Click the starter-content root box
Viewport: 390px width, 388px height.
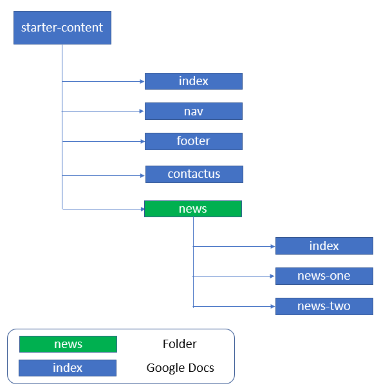click(62, 28)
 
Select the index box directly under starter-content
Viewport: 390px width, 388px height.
click(193, 81)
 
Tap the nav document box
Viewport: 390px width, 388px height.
click(193, 112)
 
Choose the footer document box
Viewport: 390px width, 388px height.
click(193, 141)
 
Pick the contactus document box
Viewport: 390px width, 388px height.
click(194, 174)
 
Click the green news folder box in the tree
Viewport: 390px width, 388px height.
click(193, 209)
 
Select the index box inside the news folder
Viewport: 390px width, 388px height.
click(324, 246)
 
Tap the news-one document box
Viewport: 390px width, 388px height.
click(324, 276)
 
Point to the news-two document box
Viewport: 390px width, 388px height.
click(324, 306)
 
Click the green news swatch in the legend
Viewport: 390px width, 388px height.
click(68, 344)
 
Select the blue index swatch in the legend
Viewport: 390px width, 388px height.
click(68, 368)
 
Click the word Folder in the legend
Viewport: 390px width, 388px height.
click(180, 344)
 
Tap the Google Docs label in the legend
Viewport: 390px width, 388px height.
click(180, 368)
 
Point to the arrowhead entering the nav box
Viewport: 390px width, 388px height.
click(142, 112)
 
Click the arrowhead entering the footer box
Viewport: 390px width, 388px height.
click(142, 142)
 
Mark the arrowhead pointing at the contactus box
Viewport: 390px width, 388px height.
click(142, 175)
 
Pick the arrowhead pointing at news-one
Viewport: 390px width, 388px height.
click(272, 276)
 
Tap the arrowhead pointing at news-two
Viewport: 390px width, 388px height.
click(272, 306)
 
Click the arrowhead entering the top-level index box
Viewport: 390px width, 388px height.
click(142, 81)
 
